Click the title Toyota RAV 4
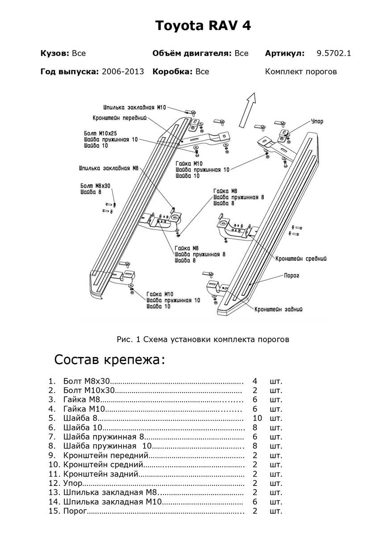click(x=203, y=26)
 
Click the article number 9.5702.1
click(x=334, y=53)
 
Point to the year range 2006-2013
click(x=123, y=71)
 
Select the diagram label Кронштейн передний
click(x=120, y=118)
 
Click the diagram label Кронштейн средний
click(x=301, y=259)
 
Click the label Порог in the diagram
click(x=292, y=276)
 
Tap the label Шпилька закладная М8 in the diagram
click(x=108, y=169)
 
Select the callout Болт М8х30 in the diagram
click(x=95, y=185)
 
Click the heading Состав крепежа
click(x=109, y=359)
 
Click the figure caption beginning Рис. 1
click(x=203, y=339)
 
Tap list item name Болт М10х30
click(x=89, y=390)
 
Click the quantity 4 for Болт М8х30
click(x=255, y=381)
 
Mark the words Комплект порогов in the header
click(x=301, y=71)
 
